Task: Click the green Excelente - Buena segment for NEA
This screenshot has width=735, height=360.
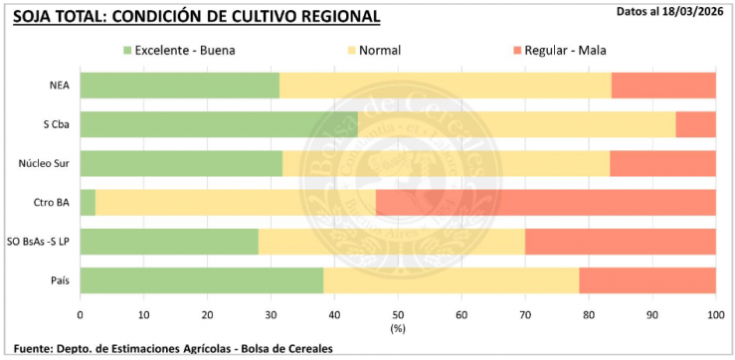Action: tap(179, 86)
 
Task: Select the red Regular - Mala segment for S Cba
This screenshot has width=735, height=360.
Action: tap(702, 124)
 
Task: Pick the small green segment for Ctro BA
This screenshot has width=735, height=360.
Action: tap(88, 202)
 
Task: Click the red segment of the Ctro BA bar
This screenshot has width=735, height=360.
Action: tap(545, 202)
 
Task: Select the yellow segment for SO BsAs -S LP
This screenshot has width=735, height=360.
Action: tap(391, 242)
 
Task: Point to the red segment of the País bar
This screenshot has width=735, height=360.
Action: tap(647, 280)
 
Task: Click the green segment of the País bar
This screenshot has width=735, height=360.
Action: tap(201, 280)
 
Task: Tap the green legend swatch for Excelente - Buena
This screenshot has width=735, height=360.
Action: tap(128, 50)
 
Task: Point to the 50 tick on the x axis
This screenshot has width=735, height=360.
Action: tap(398, 313)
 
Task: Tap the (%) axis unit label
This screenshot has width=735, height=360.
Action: tap(398, 327)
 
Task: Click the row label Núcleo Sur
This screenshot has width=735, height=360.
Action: tap(44, 163)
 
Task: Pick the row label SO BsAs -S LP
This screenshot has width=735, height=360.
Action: tap(37, 242)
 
